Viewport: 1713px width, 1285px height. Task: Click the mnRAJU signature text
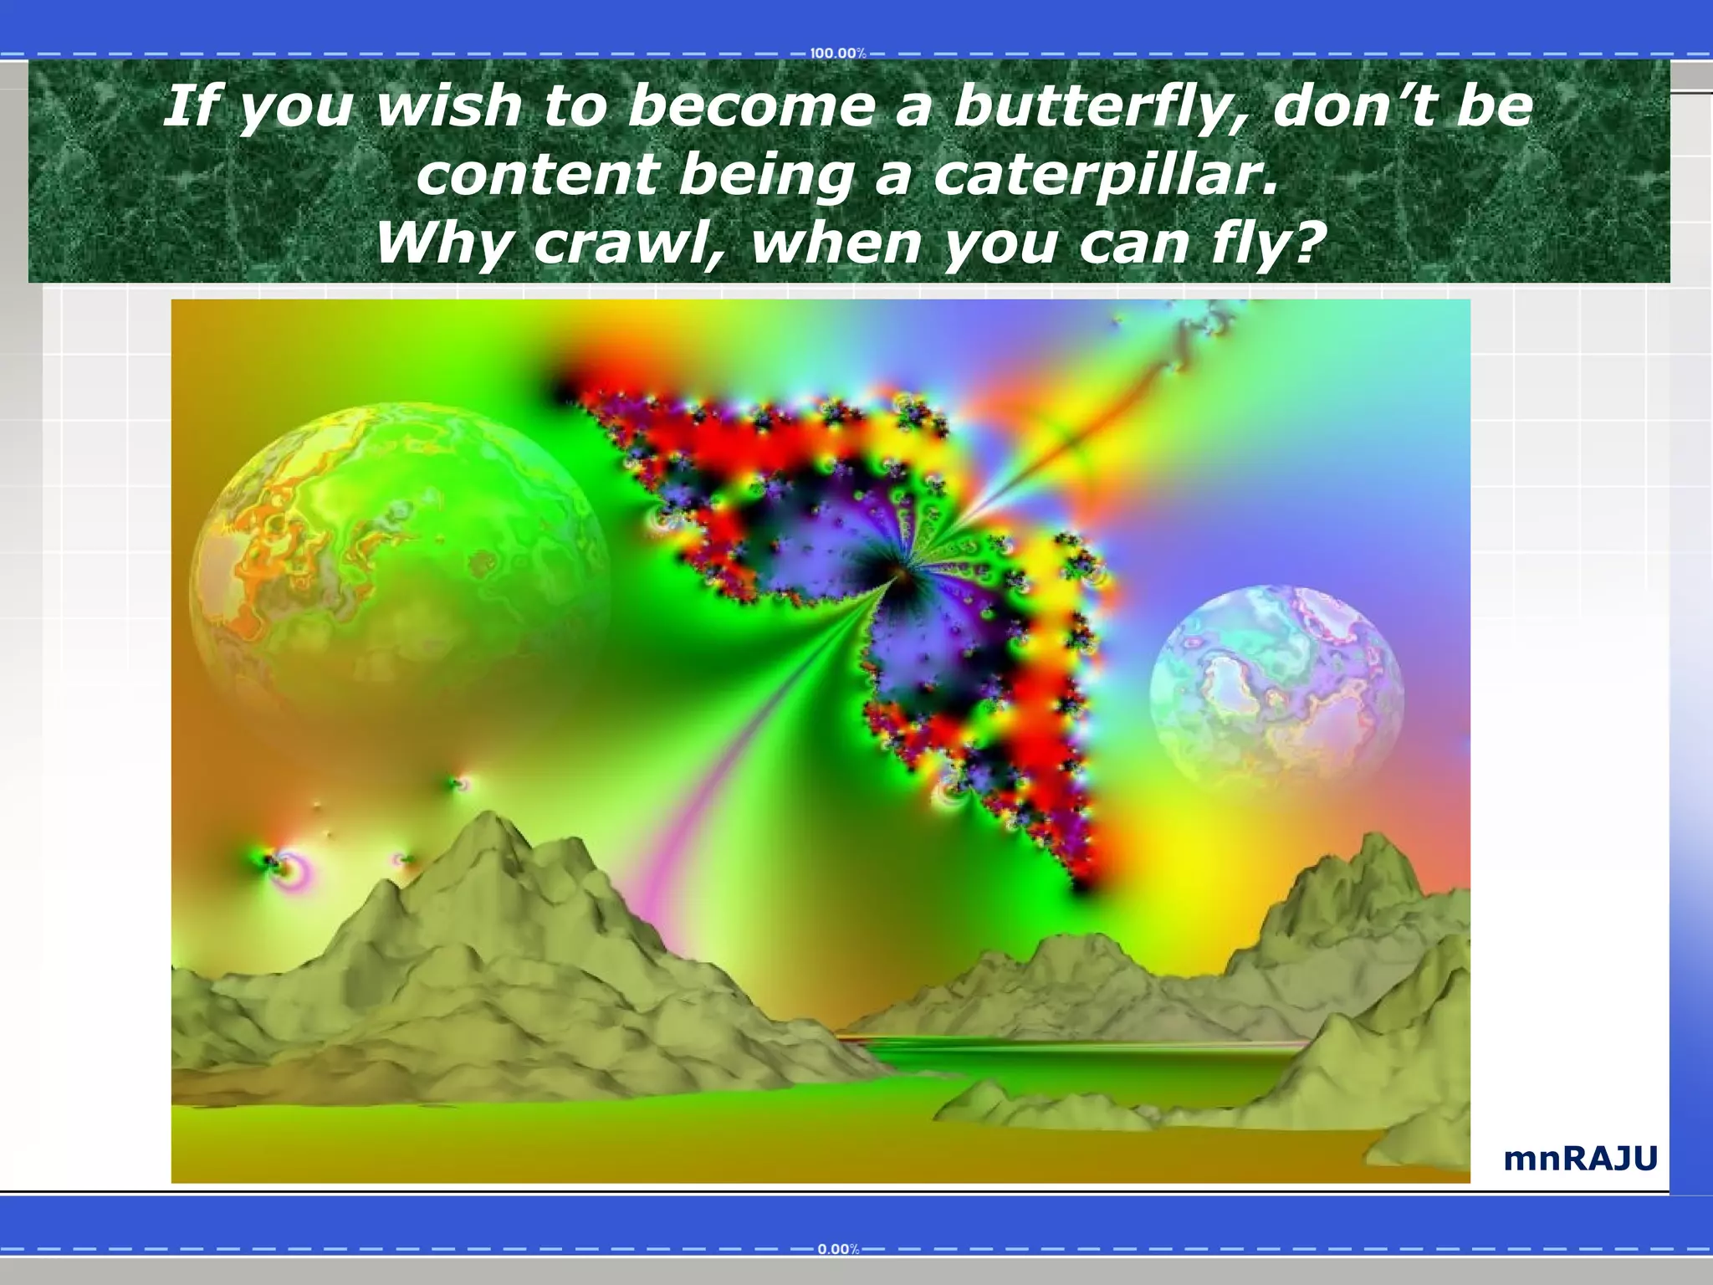click(x=1580, y=1159)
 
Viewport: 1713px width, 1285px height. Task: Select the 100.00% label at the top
click(x=837, y=54)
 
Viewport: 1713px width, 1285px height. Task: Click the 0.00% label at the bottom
click(x=837, y=1249)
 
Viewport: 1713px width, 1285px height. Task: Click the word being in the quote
click(x=765, y=177)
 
